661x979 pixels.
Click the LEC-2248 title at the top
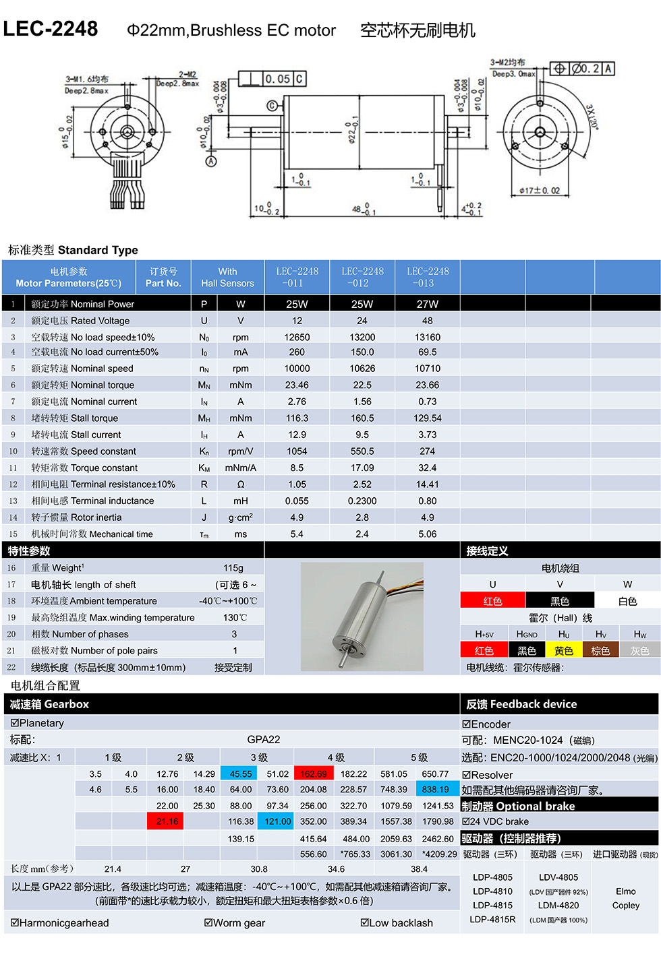point(51,29)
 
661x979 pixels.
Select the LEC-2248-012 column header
point(362,277)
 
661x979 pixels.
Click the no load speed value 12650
point(297,337)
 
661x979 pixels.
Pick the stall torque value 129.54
point(428,418)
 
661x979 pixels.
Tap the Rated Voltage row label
point(80,321)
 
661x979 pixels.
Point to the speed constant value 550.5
point(362,451)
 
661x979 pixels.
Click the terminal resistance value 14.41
point(428,484)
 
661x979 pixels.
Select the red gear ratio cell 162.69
point(314,774)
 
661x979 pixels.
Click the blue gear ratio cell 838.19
point(435,790)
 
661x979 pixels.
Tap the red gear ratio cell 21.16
point(167,821)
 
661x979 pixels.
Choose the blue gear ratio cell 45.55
point(241,774)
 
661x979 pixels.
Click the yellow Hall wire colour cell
point(564,651)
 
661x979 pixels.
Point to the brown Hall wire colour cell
point(600,651)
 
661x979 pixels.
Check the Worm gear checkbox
point(208,922)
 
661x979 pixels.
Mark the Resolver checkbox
point(466,775)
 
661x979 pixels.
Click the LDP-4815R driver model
point(492,919)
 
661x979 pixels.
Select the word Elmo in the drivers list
point(626,891)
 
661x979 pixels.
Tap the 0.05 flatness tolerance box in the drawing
point(277,79)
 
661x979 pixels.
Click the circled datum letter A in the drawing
point(211,162)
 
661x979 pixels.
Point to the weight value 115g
point(233,568)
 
